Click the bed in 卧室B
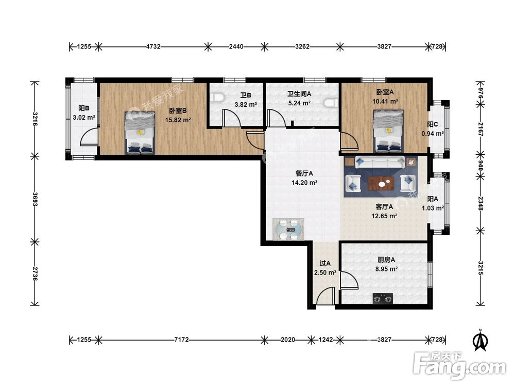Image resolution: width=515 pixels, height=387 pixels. click(x=140, y=133)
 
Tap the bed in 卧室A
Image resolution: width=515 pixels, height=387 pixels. click(x=388, y=131)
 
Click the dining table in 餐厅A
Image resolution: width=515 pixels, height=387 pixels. click(x=288, y=230)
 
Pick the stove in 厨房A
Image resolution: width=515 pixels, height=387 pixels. click(x=383, y=298)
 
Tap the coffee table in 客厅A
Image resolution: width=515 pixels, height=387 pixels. click(x=381, y=183)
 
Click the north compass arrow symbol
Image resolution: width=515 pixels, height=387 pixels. click(x=480, y=340)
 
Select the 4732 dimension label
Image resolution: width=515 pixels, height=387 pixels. click(x=153, y=46)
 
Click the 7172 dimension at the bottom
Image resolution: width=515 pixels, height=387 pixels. click(x=181, y=340)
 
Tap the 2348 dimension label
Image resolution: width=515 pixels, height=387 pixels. click(x=480, y=203)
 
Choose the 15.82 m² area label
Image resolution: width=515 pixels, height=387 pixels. click(x=178, y=120)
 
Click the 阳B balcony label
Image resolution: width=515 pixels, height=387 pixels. click(x=84, y=108)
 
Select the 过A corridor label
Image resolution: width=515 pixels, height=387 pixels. click(x=325, y=263)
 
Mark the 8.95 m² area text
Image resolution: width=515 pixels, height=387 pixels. click(x=386, y=269)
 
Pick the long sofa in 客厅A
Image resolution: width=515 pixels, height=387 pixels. click(x=380, y=162)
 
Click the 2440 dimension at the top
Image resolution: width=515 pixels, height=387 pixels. click(x=236, y=46)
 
